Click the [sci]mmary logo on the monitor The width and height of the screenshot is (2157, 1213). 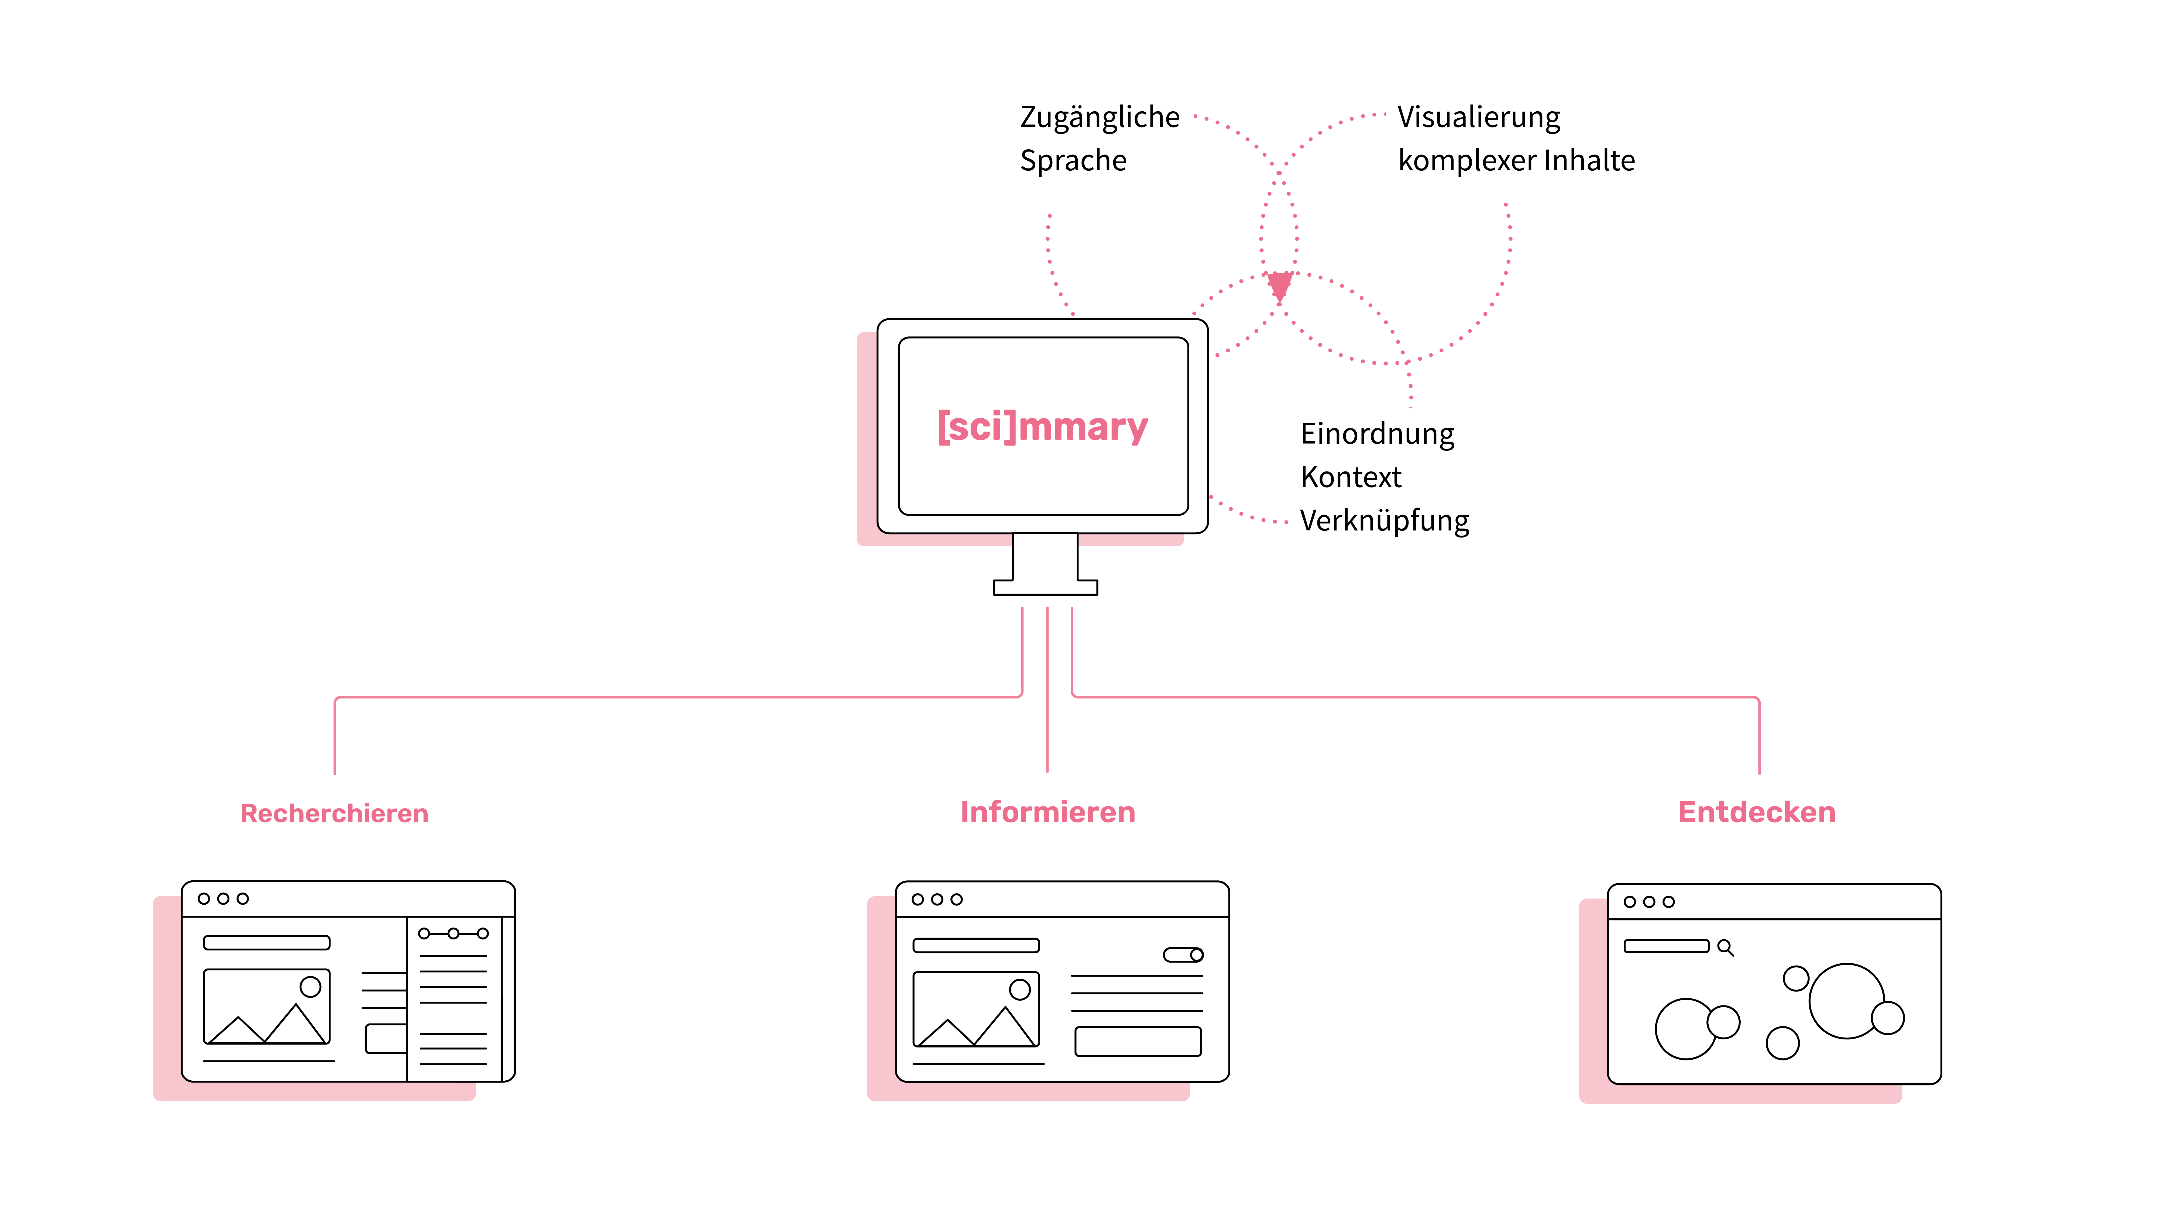tap(1042, 427)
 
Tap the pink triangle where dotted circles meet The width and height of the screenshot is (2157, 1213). tap(1279, 285)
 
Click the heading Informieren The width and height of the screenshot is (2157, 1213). tap(1047, 812)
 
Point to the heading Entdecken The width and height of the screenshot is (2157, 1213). tap(1757, 812)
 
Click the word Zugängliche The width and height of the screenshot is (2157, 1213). tap(1100, 117)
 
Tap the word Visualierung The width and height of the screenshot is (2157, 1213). tap(1479, 117)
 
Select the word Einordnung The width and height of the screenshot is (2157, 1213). tap(1378, 434)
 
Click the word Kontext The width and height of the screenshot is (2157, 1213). tap(1351, 477)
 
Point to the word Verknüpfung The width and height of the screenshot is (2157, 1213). tap(1384, 521)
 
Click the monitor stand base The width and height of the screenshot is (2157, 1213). tap(1045, 588)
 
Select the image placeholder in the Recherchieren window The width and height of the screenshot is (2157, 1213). tap(266, 1007)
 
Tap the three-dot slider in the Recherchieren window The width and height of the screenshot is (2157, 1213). tap(453, 933)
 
